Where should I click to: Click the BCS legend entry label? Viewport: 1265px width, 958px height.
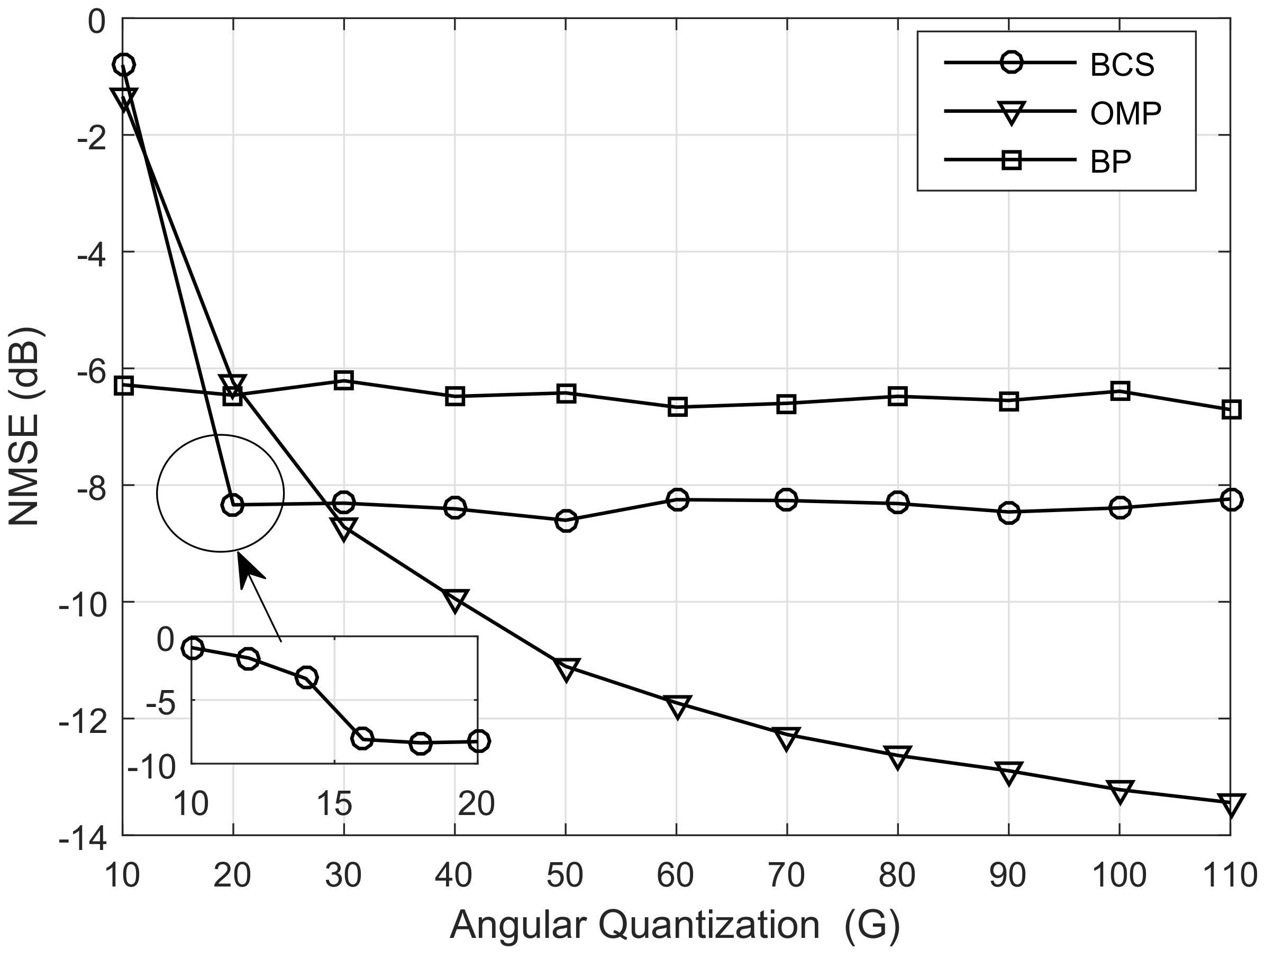click(x=1122, y=65)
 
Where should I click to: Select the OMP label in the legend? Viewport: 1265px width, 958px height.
click(x=1125, y=114)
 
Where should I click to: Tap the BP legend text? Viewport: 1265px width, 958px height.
click(x=1111, y=163)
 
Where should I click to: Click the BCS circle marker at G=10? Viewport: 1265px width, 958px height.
click(x=124, y=65)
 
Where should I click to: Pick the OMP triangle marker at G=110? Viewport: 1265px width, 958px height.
click(x=1231, y=805)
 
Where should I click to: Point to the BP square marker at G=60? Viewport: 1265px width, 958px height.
click(x=677, y=407)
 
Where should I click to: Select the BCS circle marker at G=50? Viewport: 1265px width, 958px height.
click(x=566, y=520)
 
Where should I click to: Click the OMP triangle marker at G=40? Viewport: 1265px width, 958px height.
click(x=455, y=601)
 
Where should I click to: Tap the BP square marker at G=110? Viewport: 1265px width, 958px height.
click(x=1231, y=410)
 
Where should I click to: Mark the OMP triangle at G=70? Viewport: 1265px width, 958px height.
click(x=786, y=738)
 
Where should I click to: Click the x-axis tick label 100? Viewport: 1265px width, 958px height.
click(x=1119, y=875)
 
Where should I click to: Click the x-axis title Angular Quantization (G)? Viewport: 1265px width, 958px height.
click(x=675, y=925)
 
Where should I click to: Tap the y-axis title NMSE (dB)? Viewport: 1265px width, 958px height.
click(x=24, y=426)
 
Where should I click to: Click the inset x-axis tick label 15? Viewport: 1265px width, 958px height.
click(x=334, y=803)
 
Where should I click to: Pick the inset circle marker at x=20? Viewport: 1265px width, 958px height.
click(x=479, y=741)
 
